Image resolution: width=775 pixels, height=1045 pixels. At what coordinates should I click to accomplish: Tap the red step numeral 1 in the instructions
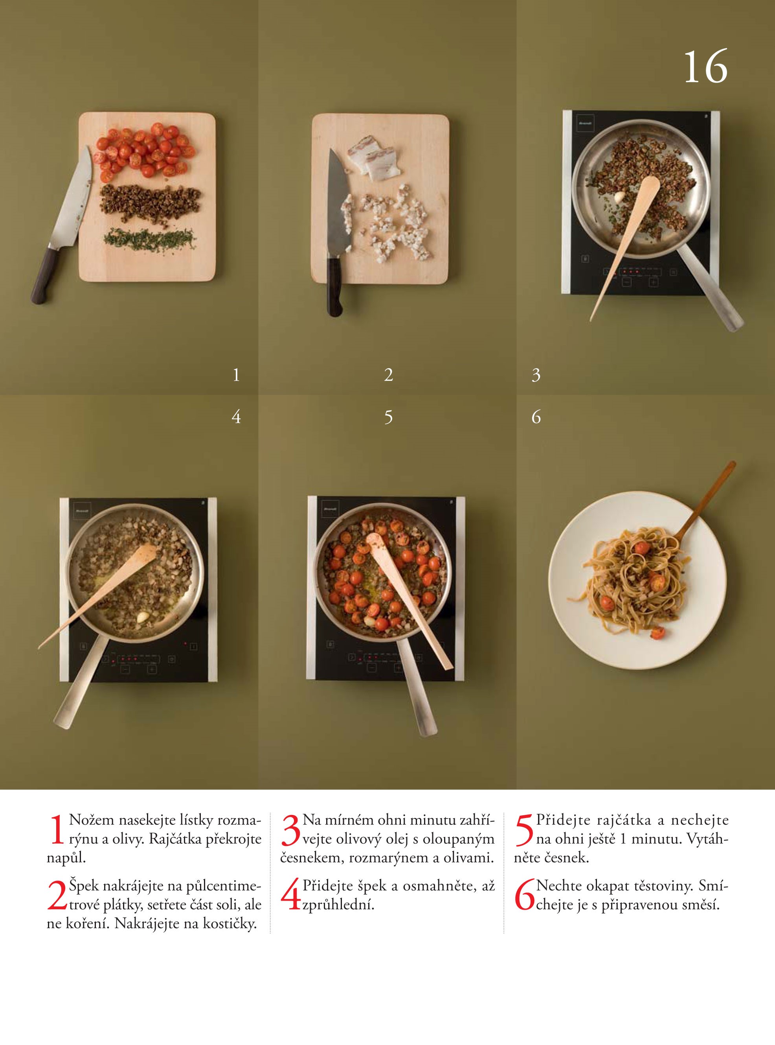57,831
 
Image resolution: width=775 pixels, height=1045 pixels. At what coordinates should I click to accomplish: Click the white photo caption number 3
536,375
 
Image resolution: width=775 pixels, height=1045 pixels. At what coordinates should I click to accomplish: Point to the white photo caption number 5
388,417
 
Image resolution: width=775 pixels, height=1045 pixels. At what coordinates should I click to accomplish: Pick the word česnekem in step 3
308,858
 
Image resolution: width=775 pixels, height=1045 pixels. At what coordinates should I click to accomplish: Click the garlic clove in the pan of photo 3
620,196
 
